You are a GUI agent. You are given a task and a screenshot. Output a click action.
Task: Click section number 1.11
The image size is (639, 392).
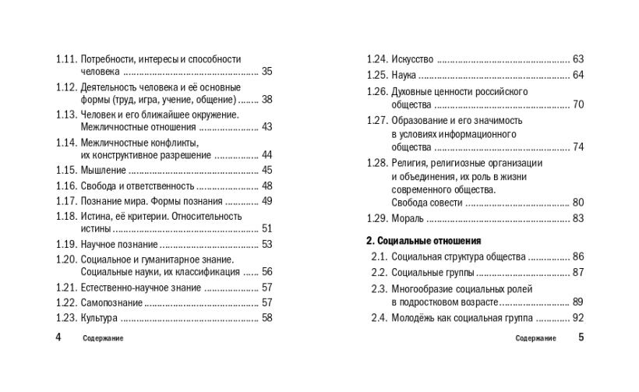(66, 59)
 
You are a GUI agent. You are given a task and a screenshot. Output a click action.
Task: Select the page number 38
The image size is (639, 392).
(267, 100)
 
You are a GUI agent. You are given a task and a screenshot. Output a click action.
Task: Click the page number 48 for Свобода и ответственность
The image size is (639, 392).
(267, 185)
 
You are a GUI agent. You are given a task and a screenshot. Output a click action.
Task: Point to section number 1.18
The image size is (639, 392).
(66, 216)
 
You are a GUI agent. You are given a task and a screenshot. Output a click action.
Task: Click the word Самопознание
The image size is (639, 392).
(111, 302)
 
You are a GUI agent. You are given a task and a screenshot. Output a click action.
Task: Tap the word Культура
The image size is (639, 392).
(99, 317)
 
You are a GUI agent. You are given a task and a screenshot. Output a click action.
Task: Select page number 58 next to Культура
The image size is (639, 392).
(267, 317)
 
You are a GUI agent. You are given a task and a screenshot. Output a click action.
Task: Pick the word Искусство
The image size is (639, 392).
(410, 59)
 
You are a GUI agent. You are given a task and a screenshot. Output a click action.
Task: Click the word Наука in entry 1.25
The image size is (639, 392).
(404, 75)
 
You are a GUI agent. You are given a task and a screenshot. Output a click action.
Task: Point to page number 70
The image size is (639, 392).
(577, 104)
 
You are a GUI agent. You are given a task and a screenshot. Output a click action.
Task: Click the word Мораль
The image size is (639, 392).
(407, 218)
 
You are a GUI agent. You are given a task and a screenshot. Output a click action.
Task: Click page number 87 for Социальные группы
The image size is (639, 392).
(577, 272)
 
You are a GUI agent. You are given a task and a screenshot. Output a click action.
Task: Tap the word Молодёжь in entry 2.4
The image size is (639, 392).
(415, 317)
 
